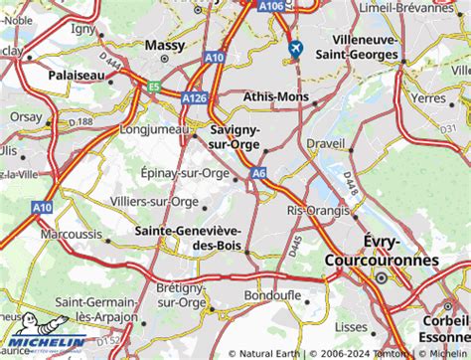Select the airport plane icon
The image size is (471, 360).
(x=295, y=48)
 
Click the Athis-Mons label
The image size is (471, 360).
(x=274, y=97)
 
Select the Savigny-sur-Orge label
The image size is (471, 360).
(x=235, y=137)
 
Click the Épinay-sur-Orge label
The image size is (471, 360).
(x=186, y=172)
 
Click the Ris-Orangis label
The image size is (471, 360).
(x=318, y=211)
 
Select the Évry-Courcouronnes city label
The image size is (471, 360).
(x=382, y=250)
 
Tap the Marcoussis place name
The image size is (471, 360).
(x=72, y=234)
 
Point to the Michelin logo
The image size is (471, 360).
(x=45, y=336)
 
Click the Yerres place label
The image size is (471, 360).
(x=430, y=98)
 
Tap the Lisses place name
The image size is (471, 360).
(x=349, y=325)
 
